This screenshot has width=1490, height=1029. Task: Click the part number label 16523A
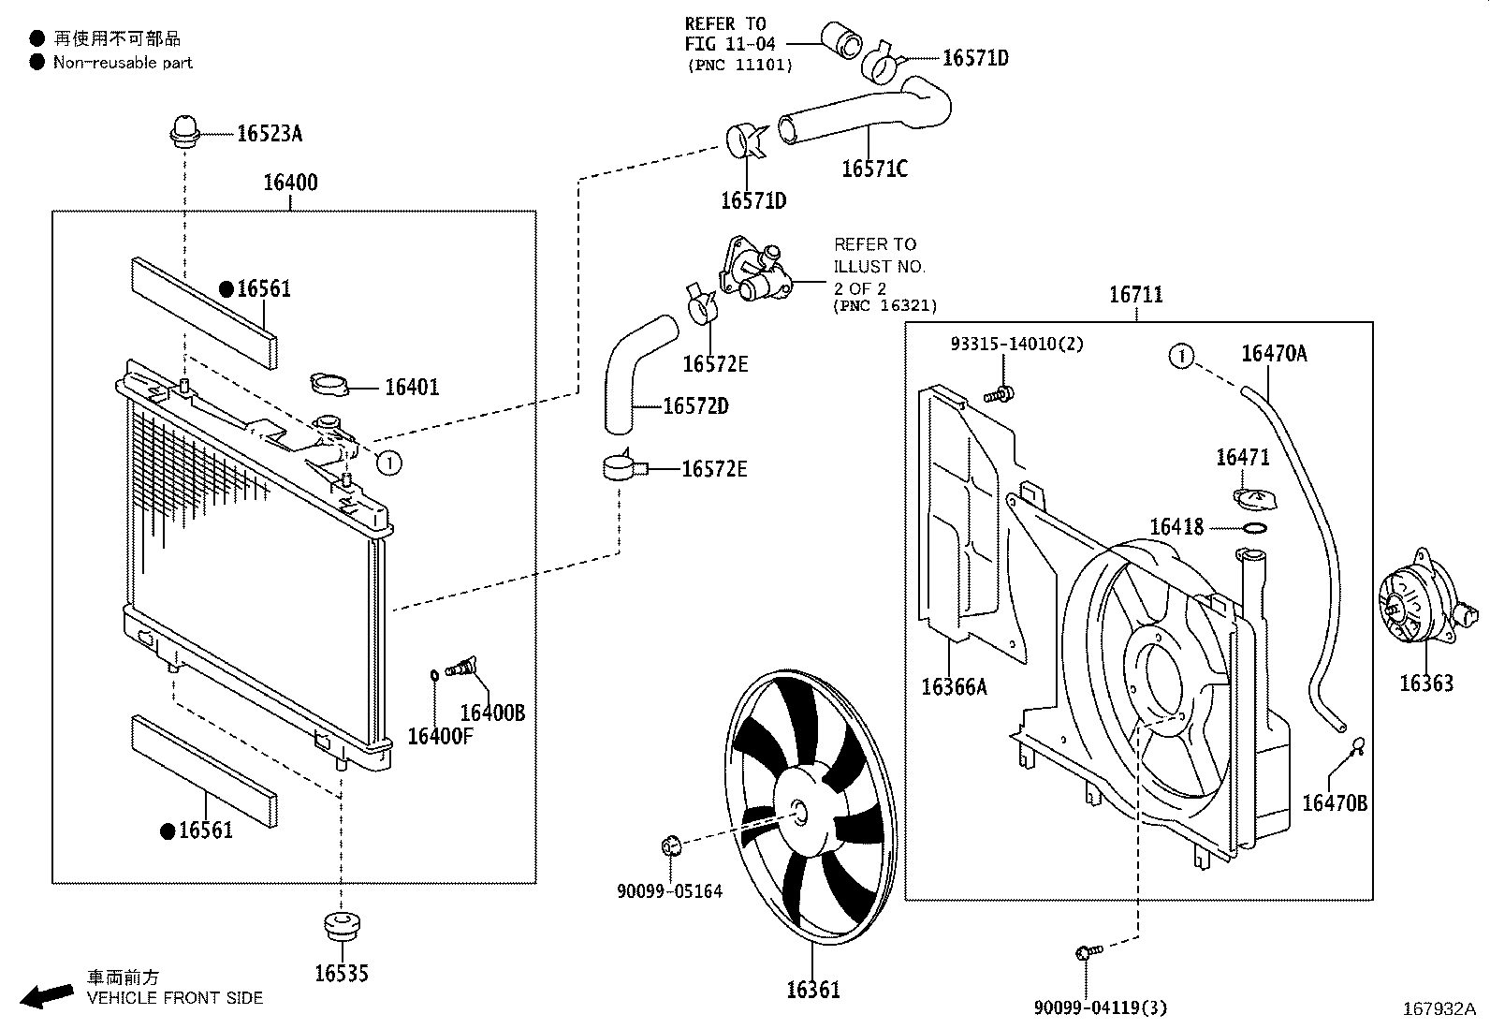pos(269,133)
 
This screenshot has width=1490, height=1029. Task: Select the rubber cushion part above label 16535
pos(342,924)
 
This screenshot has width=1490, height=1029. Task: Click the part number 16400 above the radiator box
pos(290,183)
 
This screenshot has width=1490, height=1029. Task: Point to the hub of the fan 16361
pos(796,813)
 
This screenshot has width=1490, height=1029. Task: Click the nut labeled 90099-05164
pos(671,847)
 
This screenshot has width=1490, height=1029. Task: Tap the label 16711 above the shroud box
pos(1135,295)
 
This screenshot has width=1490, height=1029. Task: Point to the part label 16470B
pos(1335,802)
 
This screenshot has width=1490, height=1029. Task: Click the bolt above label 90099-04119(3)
pos(1088,953)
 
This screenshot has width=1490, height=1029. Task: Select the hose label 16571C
pos(874,169)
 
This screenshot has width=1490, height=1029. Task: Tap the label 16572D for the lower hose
pos(695,406)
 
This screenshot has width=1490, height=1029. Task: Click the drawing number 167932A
pos(1439,1009)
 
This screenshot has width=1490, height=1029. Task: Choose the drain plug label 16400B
pos(492,713)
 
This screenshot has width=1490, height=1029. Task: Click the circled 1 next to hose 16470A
pos(1182,356)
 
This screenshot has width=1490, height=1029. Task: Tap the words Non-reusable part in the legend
pos(123,63)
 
